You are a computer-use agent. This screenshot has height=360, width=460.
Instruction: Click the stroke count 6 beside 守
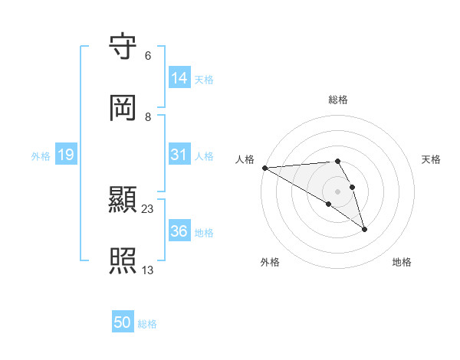click(148, 56)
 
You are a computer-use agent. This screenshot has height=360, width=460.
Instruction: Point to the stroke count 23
click(149, 208)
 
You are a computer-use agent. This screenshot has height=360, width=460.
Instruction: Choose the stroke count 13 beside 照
click(149, 270)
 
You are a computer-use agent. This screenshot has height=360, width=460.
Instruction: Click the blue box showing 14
click(179, 77)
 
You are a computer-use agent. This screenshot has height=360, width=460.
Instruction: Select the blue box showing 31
click(179, 155)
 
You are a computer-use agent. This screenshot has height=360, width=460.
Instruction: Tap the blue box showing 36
click(179, 231)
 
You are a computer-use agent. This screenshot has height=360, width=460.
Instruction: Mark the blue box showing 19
click(66, 155)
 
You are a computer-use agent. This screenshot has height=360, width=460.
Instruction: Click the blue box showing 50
click(123, 323)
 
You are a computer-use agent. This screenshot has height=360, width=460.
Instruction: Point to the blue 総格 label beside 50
click(147, 324)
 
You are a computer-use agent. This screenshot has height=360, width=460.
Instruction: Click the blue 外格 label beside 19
click(41, 155)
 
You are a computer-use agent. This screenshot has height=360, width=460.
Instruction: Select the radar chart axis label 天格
click(431, 159)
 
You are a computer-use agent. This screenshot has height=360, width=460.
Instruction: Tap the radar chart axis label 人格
click(245, 159)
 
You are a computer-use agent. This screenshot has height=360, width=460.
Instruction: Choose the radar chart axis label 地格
click(402, 262)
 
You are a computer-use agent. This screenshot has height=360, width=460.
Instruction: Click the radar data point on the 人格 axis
click(264, 168)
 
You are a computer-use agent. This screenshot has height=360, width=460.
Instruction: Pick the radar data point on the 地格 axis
click(364, 229)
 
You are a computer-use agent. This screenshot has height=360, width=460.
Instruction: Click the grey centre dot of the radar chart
click(337, 191)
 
